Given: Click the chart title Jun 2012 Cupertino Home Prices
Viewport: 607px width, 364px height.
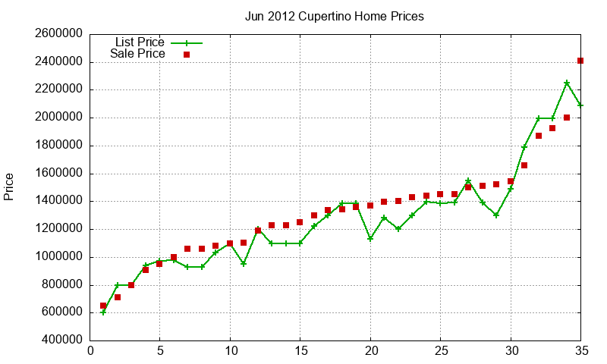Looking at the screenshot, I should click(335, 16).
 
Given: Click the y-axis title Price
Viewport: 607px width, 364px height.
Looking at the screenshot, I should click(9, 187).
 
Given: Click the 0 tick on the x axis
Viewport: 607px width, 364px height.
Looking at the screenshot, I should click(91, 351).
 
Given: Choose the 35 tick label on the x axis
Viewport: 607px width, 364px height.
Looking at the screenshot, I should click(580, 351).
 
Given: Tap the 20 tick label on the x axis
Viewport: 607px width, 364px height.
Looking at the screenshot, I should click(370, 351).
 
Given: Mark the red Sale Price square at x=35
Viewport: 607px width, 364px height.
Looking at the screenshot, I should click(580, 61).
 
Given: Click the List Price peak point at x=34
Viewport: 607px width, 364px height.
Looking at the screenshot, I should click(567, 83).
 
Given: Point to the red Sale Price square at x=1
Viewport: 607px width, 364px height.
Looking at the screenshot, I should click(103, 306).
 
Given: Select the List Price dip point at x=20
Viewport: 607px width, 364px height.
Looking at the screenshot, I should click(370, 238).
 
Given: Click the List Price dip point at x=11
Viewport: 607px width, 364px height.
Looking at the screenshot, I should click(244, 264).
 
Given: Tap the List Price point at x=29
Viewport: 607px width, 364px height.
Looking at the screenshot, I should click(496, 215).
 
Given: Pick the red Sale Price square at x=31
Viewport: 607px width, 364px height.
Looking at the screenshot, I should click(524, 165).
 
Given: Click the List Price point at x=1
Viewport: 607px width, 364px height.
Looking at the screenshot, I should click(103, 312).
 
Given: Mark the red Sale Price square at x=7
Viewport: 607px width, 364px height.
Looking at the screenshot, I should click(187, 249).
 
